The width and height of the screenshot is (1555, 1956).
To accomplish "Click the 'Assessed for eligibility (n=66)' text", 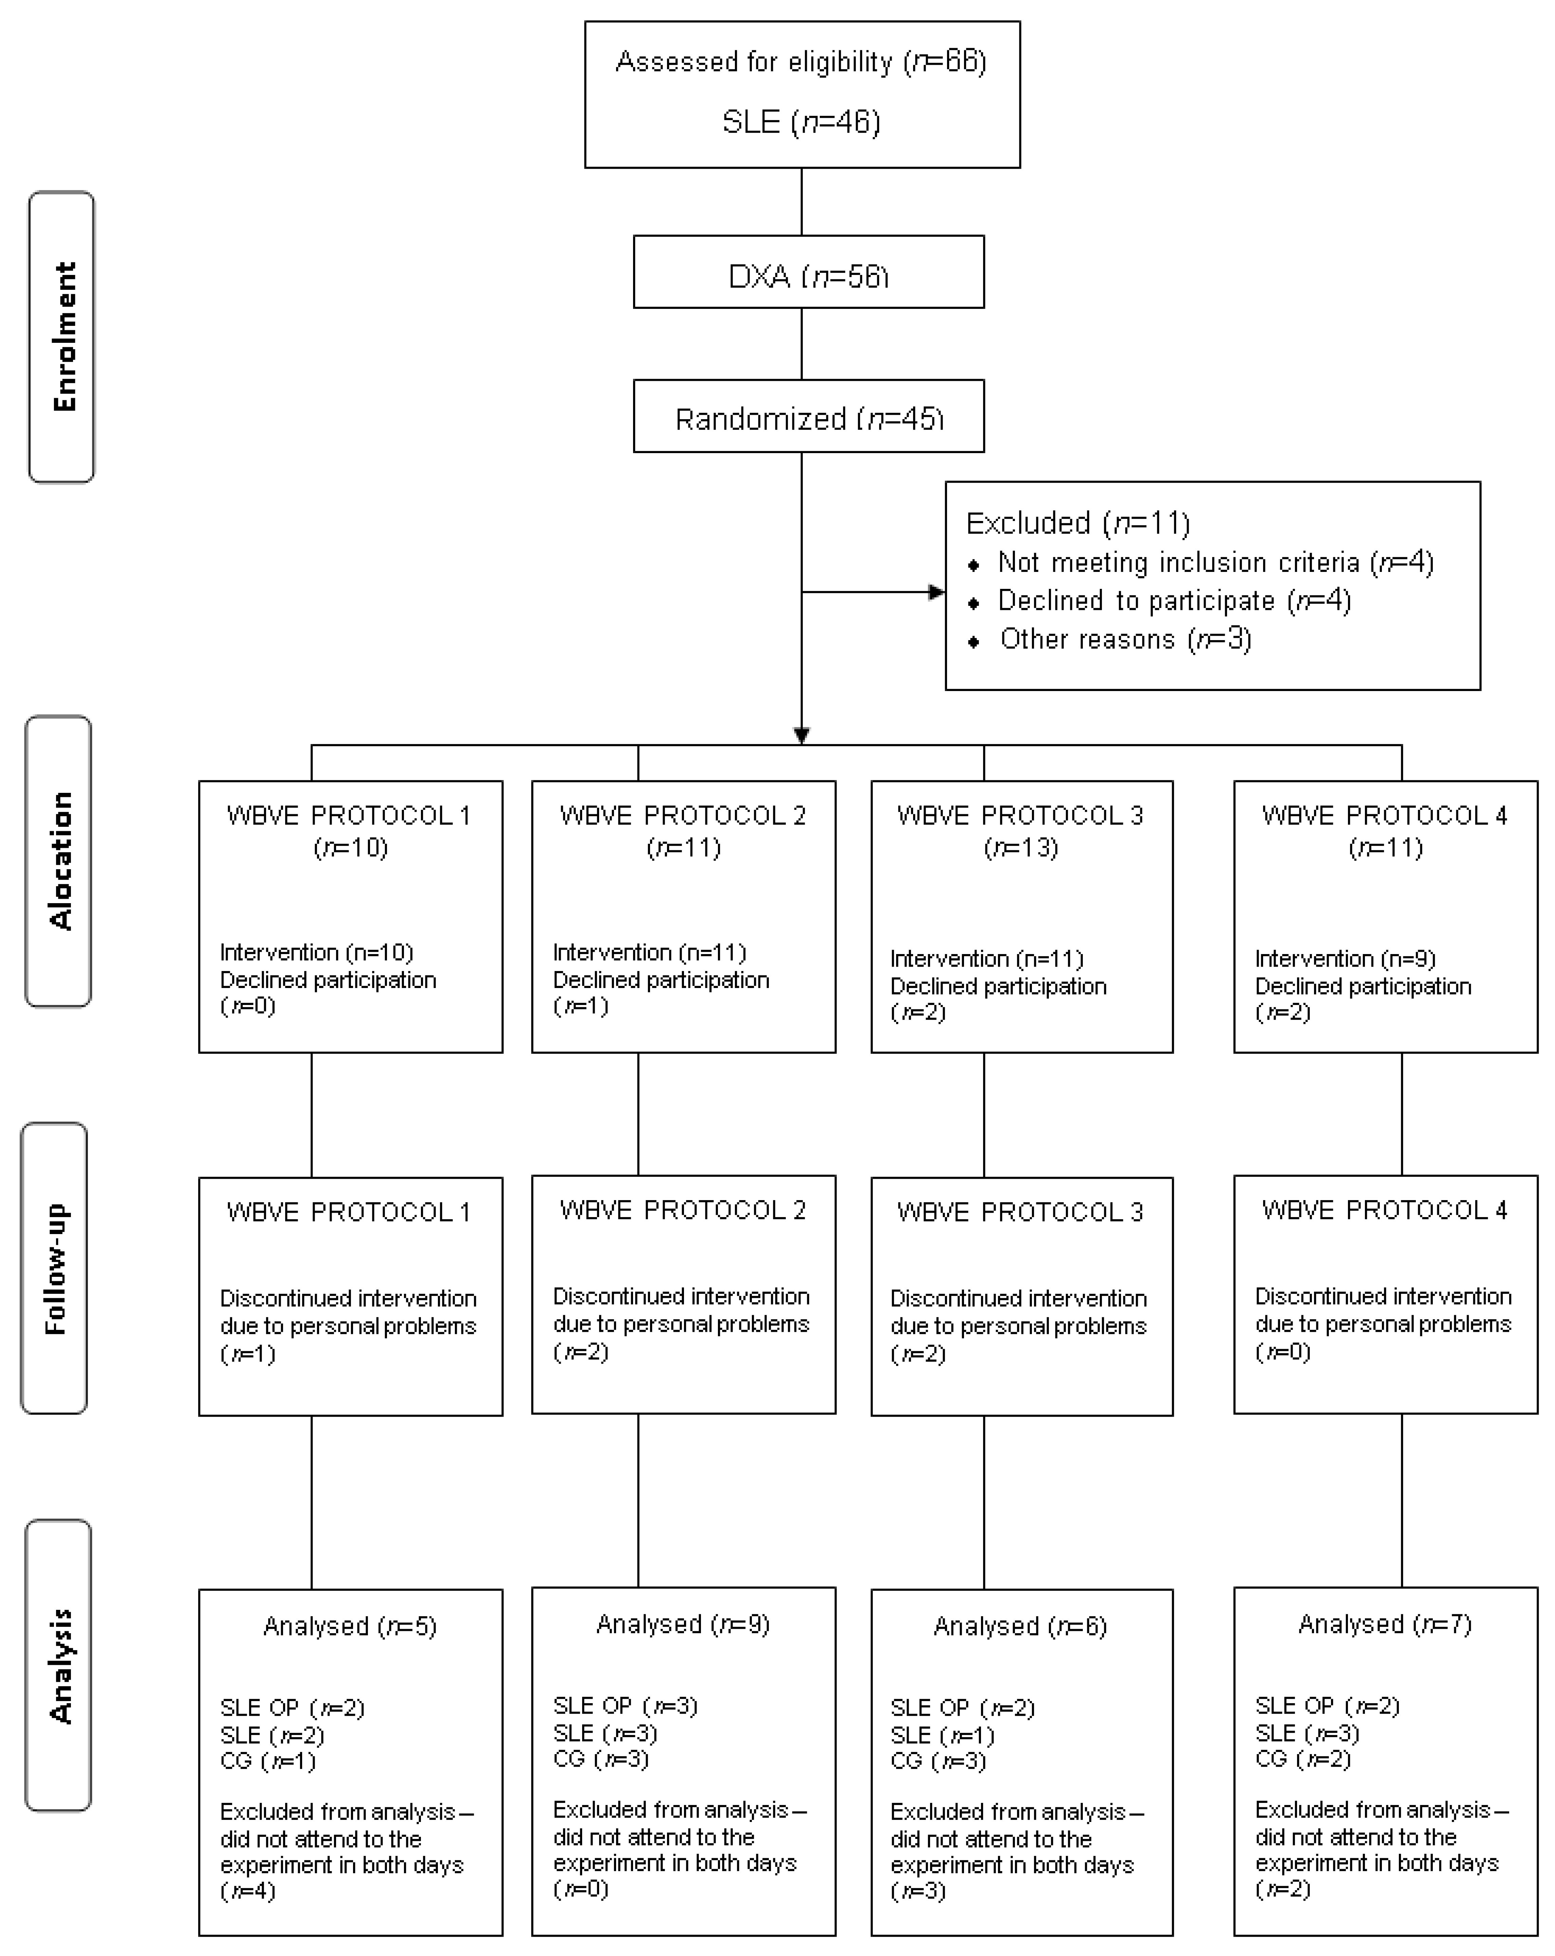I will [801, 62].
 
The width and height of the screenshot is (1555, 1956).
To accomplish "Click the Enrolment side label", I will [62, 337].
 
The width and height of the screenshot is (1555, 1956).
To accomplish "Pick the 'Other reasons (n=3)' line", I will [1125, 639].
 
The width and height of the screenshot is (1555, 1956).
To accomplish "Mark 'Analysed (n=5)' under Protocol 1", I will [350, 1626].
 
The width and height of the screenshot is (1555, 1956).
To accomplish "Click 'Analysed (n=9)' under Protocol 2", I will [683, 1624].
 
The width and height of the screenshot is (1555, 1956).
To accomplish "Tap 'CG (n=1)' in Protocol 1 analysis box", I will [267, 1761].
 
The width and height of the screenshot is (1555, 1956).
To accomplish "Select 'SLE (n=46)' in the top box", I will [801, 122].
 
